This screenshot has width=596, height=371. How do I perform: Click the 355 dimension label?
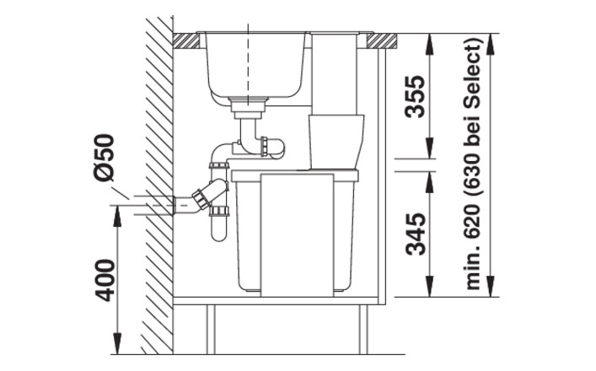click(x=414, y=97)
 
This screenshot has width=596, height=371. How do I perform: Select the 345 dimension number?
click(x=414, y=234)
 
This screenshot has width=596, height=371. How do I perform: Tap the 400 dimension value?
click(x=104, y=280)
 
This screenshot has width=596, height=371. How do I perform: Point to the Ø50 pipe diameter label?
click(x=104, y=157)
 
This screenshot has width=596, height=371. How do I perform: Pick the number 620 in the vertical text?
click(x=473, y=226)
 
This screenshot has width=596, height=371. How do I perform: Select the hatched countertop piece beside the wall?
click(x=186, y=41)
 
